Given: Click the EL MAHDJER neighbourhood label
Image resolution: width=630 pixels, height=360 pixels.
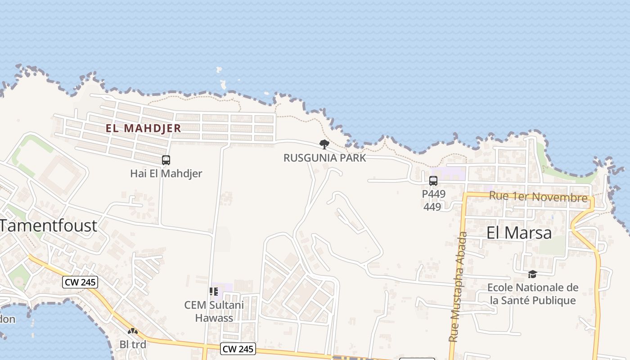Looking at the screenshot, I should pyautogui.click(x=143, y=128).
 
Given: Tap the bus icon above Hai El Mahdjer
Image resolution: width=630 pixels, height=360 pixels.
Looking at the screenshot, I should pyautogui.click(x=166, y=160).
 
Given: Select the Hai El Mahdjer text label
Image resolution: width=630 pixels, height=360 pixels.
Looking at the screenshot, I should pyautogui.click(x=166, y=173).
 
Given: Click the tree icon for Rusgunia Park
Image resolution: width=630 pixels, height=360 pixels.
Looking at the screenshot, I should pyautogui.click(x=324, y=144).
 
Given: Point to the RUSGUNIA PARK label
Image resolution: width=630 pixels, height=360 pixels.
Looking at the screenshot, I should pyautogui.click(x=324, y=158).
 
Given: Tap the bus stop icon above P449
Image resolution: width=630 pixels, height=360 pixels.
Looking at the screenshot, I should pyautogui.click(x=433, y=181).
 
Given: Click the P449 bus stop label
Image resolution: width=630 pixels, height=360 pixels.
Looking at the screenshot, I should pyautogui.click(x=434, y=194).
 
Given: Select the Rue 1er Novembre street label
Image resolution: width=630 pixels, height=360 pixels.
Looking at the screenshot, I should pyautogui.click(x=538, y=197).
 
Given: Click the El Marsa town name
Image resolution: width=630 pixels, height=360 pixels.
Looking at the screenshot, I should pyautogui.click(x=519, y=233).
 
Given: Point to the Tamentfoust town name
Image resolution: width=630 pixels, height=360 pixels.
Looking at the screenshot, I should pyautogui.click(x=49, y=225).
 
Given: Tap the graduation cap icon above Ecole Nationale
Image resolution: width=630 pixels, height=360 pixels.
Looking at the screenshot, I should pyautogui.click(x=532, y=274).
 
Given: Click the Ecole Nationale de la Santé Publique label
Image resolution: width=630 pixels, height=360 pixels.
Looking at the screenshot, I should pyautogui.click(x=533, y=294).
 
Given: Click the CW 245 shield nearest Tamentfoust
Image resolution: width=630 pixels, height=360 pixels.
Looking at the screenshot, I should pyautogui.click(x=80, y=282).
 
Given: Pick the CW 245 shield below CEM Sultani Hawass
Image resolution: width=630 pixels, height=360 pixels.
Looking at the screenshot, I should pyautogui.click(x=238, y=348).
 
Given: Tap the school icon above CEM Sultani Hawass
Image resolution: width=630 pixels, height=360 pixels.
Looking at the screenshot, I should pyautogui.click(x=214, y=292).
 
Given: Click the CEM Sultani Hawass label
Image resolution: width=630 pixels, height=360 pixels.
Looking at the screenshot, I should pyautogui.click(x=214, y=311).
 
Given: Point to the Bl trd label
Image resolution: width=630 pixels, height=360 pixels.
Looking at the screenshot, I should pyautogui.click(x=133, y=344).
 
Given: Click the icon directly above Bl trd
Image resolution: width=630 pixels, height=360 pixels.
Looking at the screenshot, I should pyautogui.click(x=133, y=331).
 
